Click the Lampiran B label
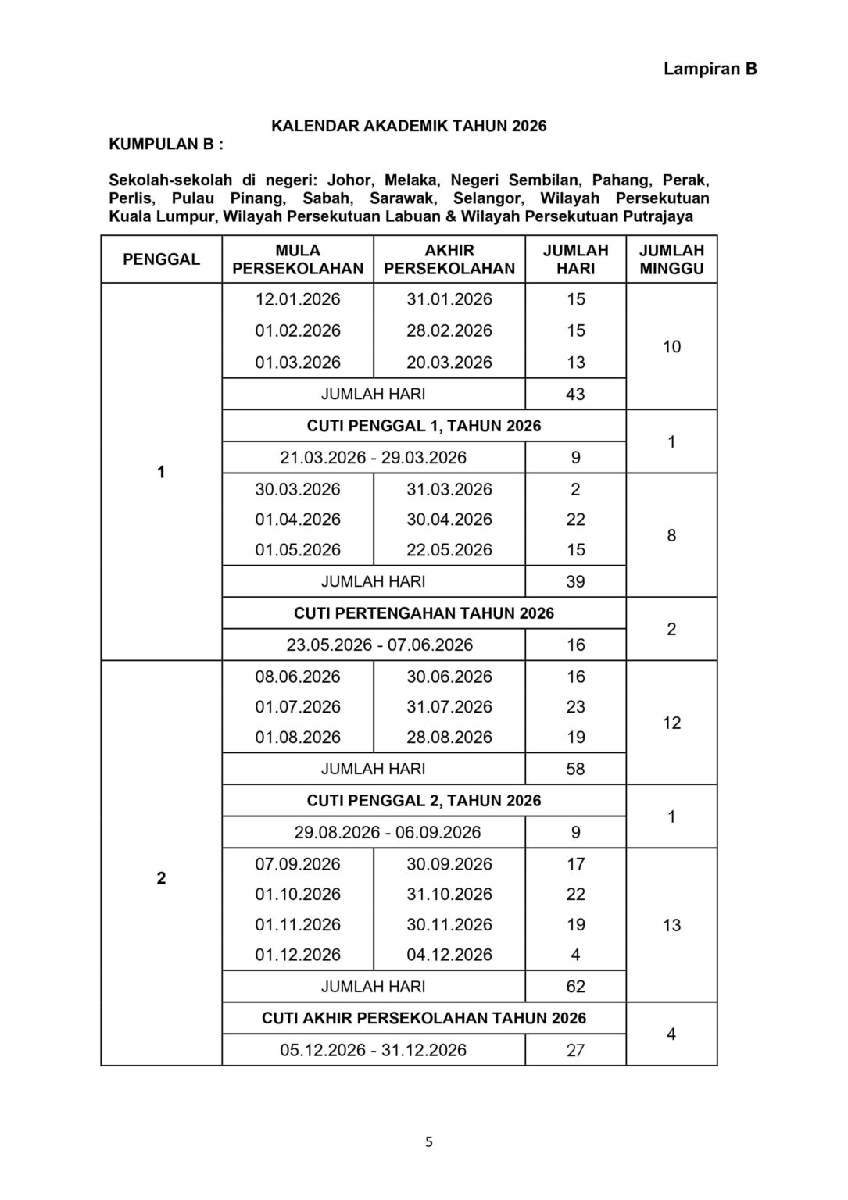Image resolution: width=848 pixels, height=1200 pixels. pyautogui.click(x=710, y=69)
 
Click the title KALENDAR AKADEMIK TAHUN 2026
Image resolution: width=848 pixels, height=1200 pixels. pyautogui.click(x=409, y=126)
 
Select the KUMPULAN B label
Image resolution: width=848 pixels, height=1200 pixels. pyautogui.click(x=166, y=145)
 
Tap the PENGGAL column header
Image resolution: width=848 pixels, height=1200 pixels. pyautogui.click(x=161, y=259)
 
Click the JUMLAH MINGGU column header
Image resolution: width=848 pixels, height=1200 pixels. pyautogui.click(x=671, y=259)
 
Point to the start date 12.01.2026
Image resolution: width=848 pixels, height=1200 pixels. pyautogui.click(x=298, y=299)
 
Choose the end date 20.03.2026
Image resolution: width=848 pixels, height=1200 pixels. pyautogui.click(x=449, y=362)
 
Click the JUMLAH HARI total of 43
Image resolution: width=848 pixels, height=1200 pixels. pyautogui.click(x=575, y=395)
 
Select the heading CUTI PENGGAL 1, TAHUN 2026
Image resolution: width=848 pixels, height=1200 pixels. pyautogui.click(x=424, y=426)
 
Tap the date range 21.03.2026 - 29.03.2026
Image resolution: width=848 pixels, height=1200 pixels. pyautogui.click(x=374, y=458)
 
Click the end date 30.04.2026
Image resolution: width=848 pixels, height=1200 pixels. pyautogui.click(x=449, y=520)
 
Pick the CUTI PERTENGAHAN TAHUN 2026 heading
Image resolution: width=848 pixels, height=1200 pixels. pyautogui.click(x=424, y=613)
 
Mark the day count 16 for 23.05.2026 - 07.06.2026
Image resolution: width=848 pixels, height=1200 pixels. pyautogui.click(x=575, y=645)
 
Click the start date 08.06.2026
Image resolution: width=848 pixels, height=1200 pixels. pyautogui.click(x=298, y=677)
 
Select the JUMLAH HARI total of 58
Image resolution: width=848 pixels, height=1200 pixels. pyautogui.click(x=575, y=770)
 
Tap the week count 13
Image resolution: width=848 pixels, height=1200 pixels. pyautogui.click(x=671, y=926)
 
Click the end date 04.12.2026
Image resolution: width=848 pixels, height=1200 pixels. pyautogui.click(x=449, y=955)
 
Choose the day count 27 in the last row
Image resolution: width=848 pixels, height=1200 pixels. pyautogui.click(x=575, y=1051)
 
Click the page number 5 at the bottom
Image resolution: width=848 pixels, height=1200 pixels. pyautogui.click(x=428, y=1142)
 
